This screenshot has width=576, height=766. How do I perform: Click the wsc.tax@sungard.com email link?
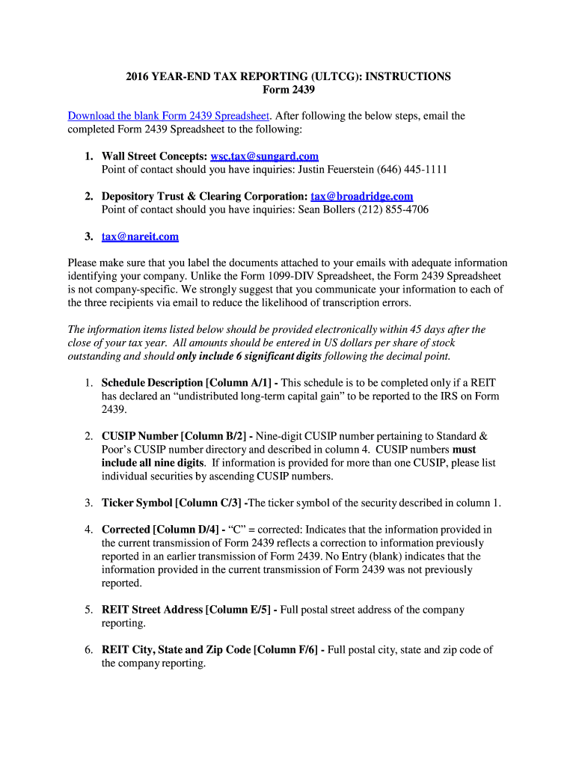[265, 156]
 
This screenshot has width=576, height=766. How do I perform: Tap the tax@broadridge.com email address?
[361, 197]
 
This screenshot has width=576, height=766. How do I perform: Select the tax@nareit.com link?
[141, 237]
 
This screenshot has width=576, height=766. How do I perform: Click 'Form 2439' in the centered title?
[289, 90]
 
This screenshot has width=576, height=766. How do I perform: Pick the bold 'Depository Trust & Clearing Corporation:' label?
[205, 197]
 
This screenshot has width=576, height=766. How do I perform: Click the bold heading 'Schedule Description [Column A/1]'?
[189, 383]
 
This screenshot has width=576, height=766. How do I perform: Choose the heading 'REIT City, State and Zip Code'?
[176, 650]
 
